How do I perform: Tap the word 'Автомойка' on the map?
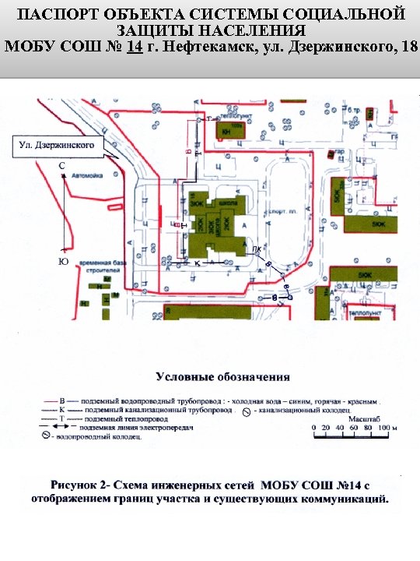[x=86, y=176]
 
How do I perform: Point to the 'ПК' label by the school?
[x=257, y=249]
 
